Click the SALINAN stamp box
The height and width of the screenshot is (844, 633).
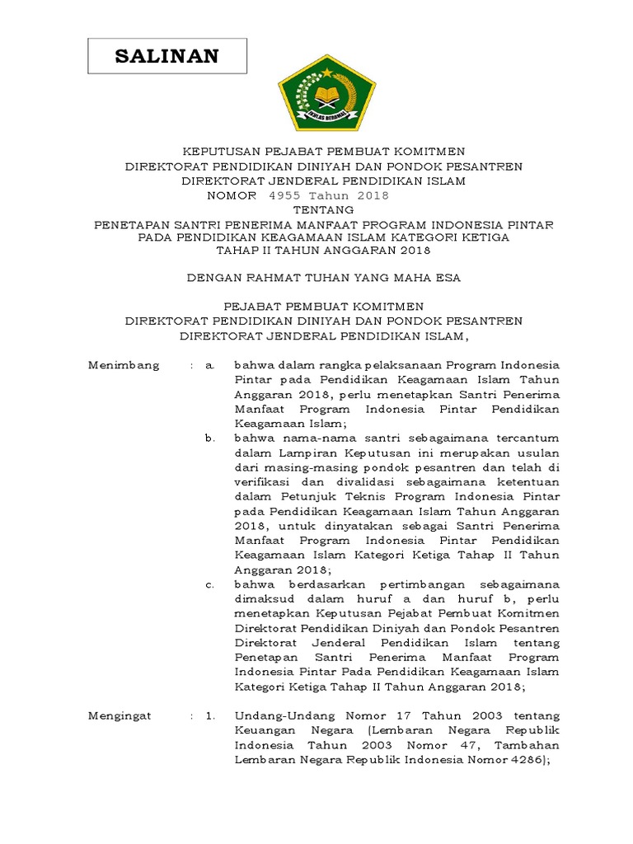point(167,57)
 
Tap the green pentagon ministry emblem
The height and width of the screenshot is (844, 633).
point(327,93)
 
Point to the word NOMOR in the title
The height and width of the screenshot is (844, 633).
point(232,195)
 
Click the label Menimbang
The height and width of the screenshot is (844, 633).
point(124,365)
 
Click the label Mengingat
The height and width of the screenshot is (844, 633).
point(120,716)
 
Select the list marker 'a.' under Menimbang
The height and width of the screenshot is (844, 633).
point(210,365)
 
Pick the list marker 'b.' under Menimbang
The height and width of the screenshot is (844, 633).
point(210,437)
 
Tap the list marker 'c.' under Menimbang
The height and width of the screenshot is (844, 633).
point(210,584)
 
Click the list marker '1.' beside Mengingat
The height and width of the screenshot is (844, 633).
point(210,716)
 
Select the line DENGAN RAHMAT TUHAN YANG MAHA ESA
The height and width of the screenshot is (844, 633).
point(323,278)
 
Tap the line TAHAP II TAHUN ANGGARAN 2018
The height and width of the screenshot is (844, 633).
point(323,250)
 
